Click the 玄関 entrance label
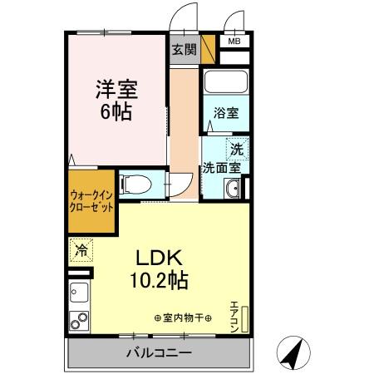click(x=185, y=50)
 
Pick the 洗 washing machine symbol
click(x=237, y=150)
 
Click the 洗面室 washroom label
click(x=221, y=167)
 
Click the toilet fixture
click(x=133, y=183)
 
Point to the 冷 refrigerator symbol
click(x=81, y=249)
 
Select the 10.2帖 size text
click(x=158, y=280)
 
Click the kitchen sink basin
click(x=80, y=293)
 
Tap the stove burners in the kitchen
click(x=80, y=320)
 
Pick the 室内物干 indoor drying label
click(x=183, y=317)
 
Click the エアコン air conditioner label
click(x=235, y=315)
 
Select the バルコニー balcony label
click(x=159, y=353)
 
